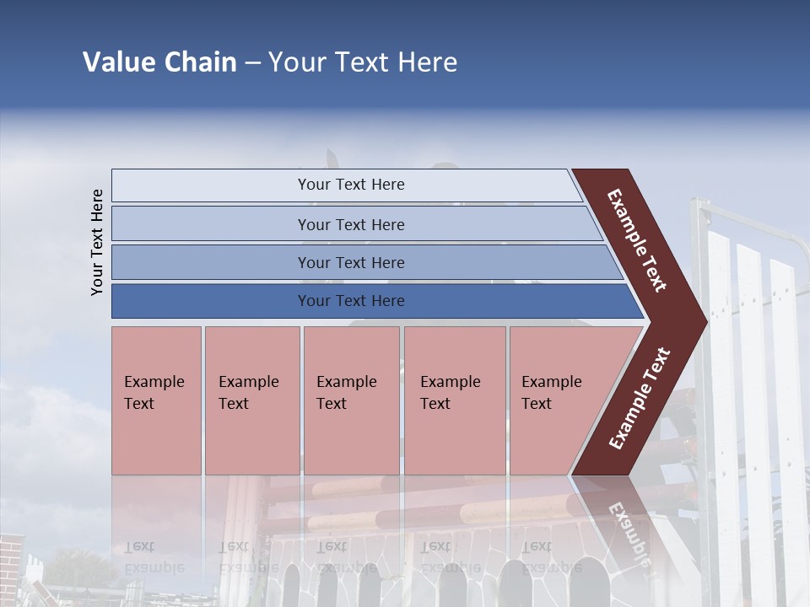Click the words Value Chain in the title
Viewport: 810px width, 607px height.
tap(159, 62)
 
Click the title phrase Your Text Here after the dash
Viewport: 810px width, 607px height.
tap(363, 62)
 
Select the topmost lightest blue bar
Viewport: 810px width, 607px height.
tap(211, 185)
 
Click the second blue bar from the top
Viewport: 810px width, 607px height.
tap(211, 224)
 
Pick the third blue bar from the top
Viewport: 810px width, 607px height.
tap(211, 262)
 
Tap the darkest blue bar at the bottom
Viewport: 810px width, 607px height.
tap(211, 301)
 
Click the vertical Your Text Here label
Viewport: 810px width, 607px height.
tap(98, 242)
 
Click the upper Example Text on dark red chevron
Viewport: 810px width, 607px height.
tap(637, 240)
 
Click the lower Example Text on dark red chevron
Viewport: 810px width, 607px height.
tap(640, 399)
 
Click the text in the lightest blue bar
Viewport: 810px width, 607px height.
tap(351, 185)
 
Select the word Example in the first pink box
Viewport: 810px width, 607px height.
tap(154, 382)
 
